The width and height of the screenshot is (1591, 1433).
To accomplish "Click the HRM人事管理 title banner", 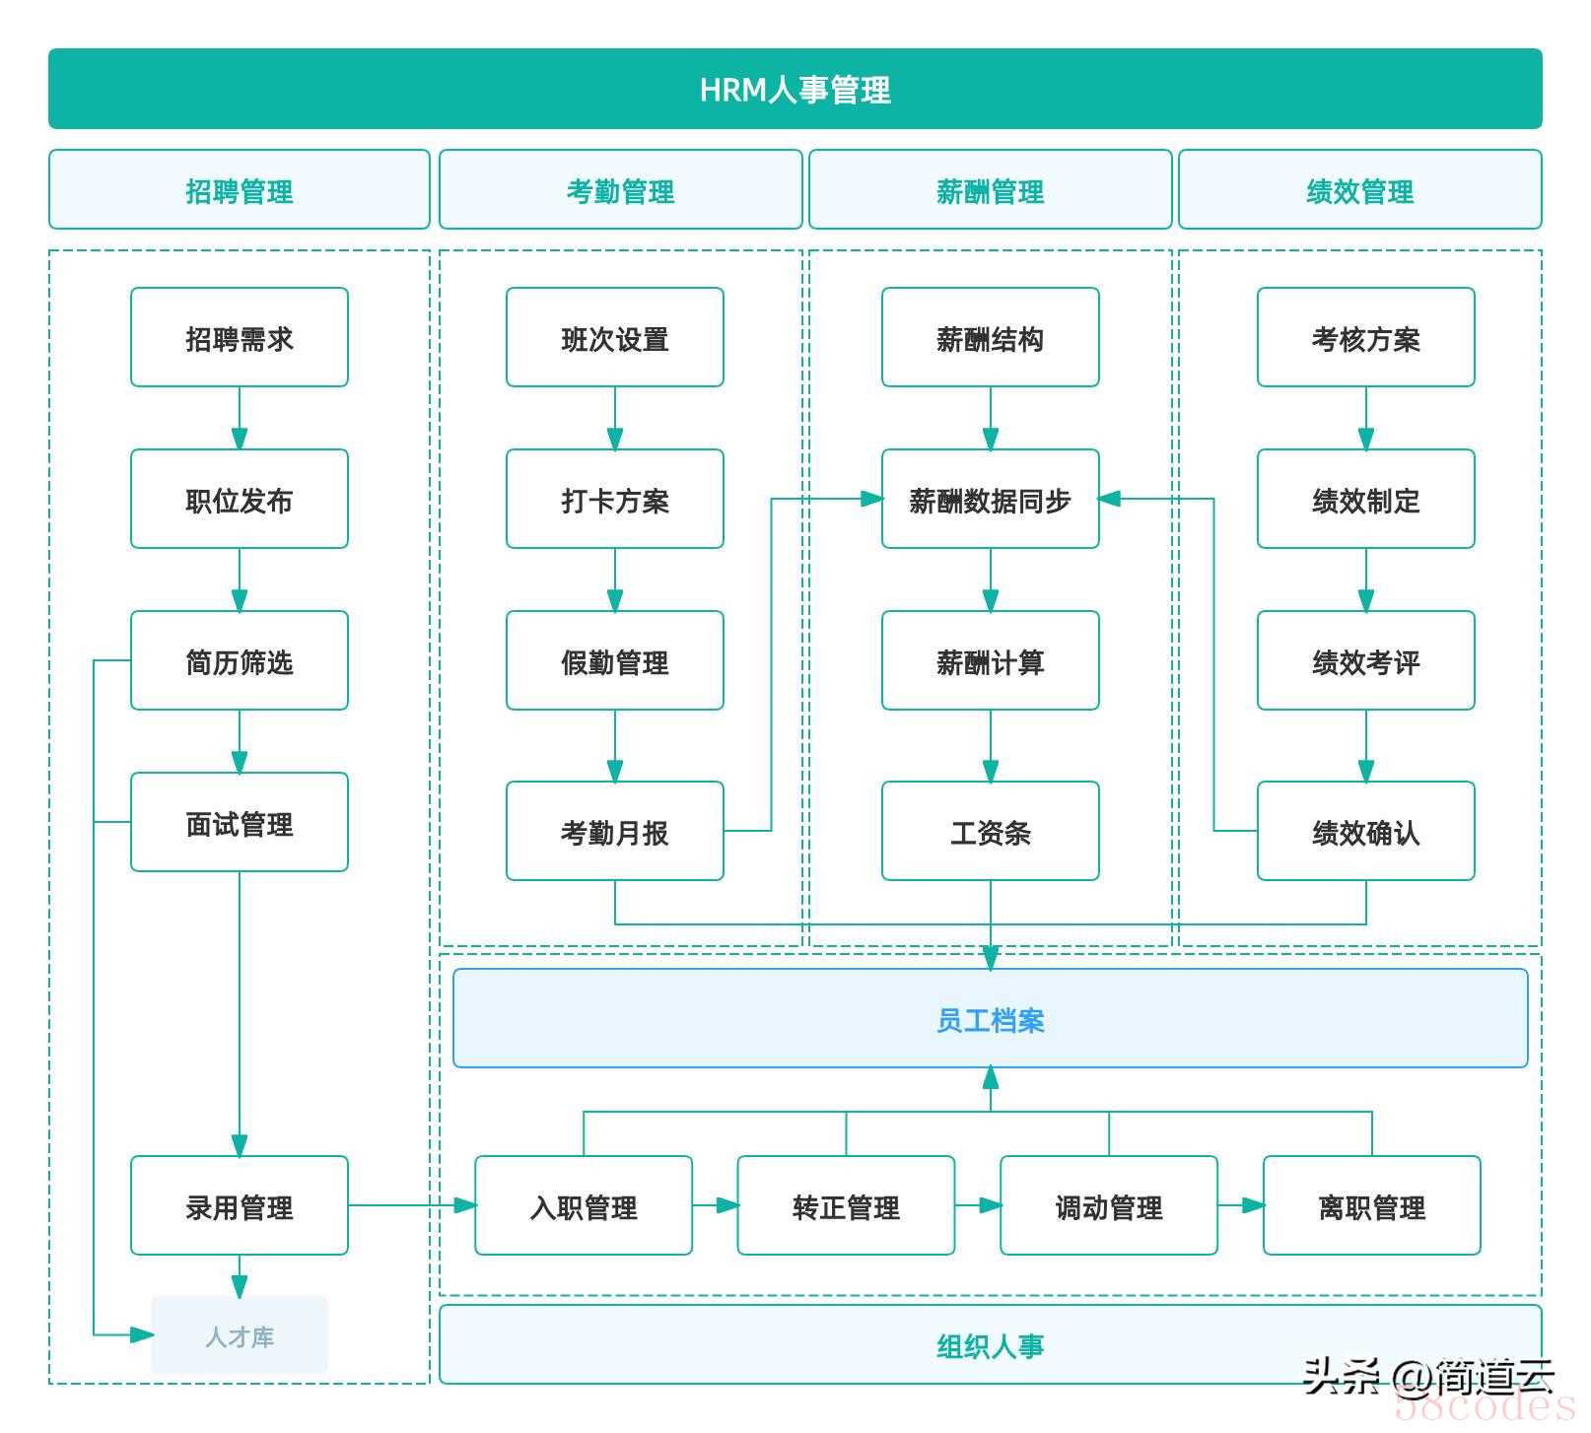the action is (x=795, y=89).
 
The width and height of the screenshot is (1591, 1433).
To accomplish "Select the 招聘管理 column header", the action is (x=240, y=189).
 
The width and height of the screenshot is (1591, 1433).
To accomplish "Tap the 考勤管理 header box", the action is (x=620, y=189).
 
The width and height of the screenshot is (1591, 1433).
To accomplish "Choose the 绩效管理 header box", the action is (x=1360, y=189).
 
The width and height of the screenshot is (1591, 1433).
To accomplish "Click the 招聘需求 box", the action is (x=240, y=337).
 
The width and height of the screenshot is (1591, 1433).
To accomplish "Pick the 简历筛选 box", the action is (x=240, y=660).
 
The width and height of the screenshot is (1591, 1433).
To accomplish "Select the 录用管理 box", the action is (x=240, y=1205).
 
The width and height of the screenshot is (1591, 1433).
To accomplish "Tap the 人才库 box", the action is (x=240, y=1335).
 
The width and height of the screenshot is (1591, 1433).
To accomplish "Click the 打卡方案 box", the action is (x=615, y=499).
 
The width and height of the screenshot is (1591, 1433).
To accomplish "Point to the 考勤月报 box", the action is (x=615, y=831).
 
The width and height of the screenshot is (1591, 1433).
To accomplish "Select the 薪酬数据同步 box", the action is (x=991, y=499).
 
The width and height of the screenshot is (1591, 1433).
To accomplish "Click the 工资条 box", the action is (x=991, y=831).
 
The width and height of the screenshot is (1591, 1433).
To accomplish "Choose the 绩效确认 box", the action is (x=1366, y=831).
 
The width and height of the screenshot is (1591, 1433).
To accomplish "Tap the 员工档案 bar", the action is (x=991, y=1018).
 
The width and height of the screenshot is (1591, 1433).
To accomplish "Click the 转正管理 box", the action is (x=847, y=1205).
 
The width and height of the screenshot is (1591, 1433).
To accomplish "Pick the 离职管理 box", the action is (x=1372, y=1205).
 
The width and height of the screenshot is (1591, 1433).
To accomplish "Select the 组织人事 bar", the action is (x=991, y=1344).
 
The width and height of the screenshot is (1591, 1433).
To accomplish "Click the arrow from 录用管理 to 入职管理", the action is (x=412, y=1205).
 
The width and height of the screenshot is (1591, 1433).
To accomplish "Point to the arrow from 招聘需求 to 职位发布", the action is (x=240, y=418).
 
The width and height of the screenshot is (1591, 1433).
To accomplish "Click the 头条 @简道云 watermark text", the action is (x=1428, y=1377).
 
